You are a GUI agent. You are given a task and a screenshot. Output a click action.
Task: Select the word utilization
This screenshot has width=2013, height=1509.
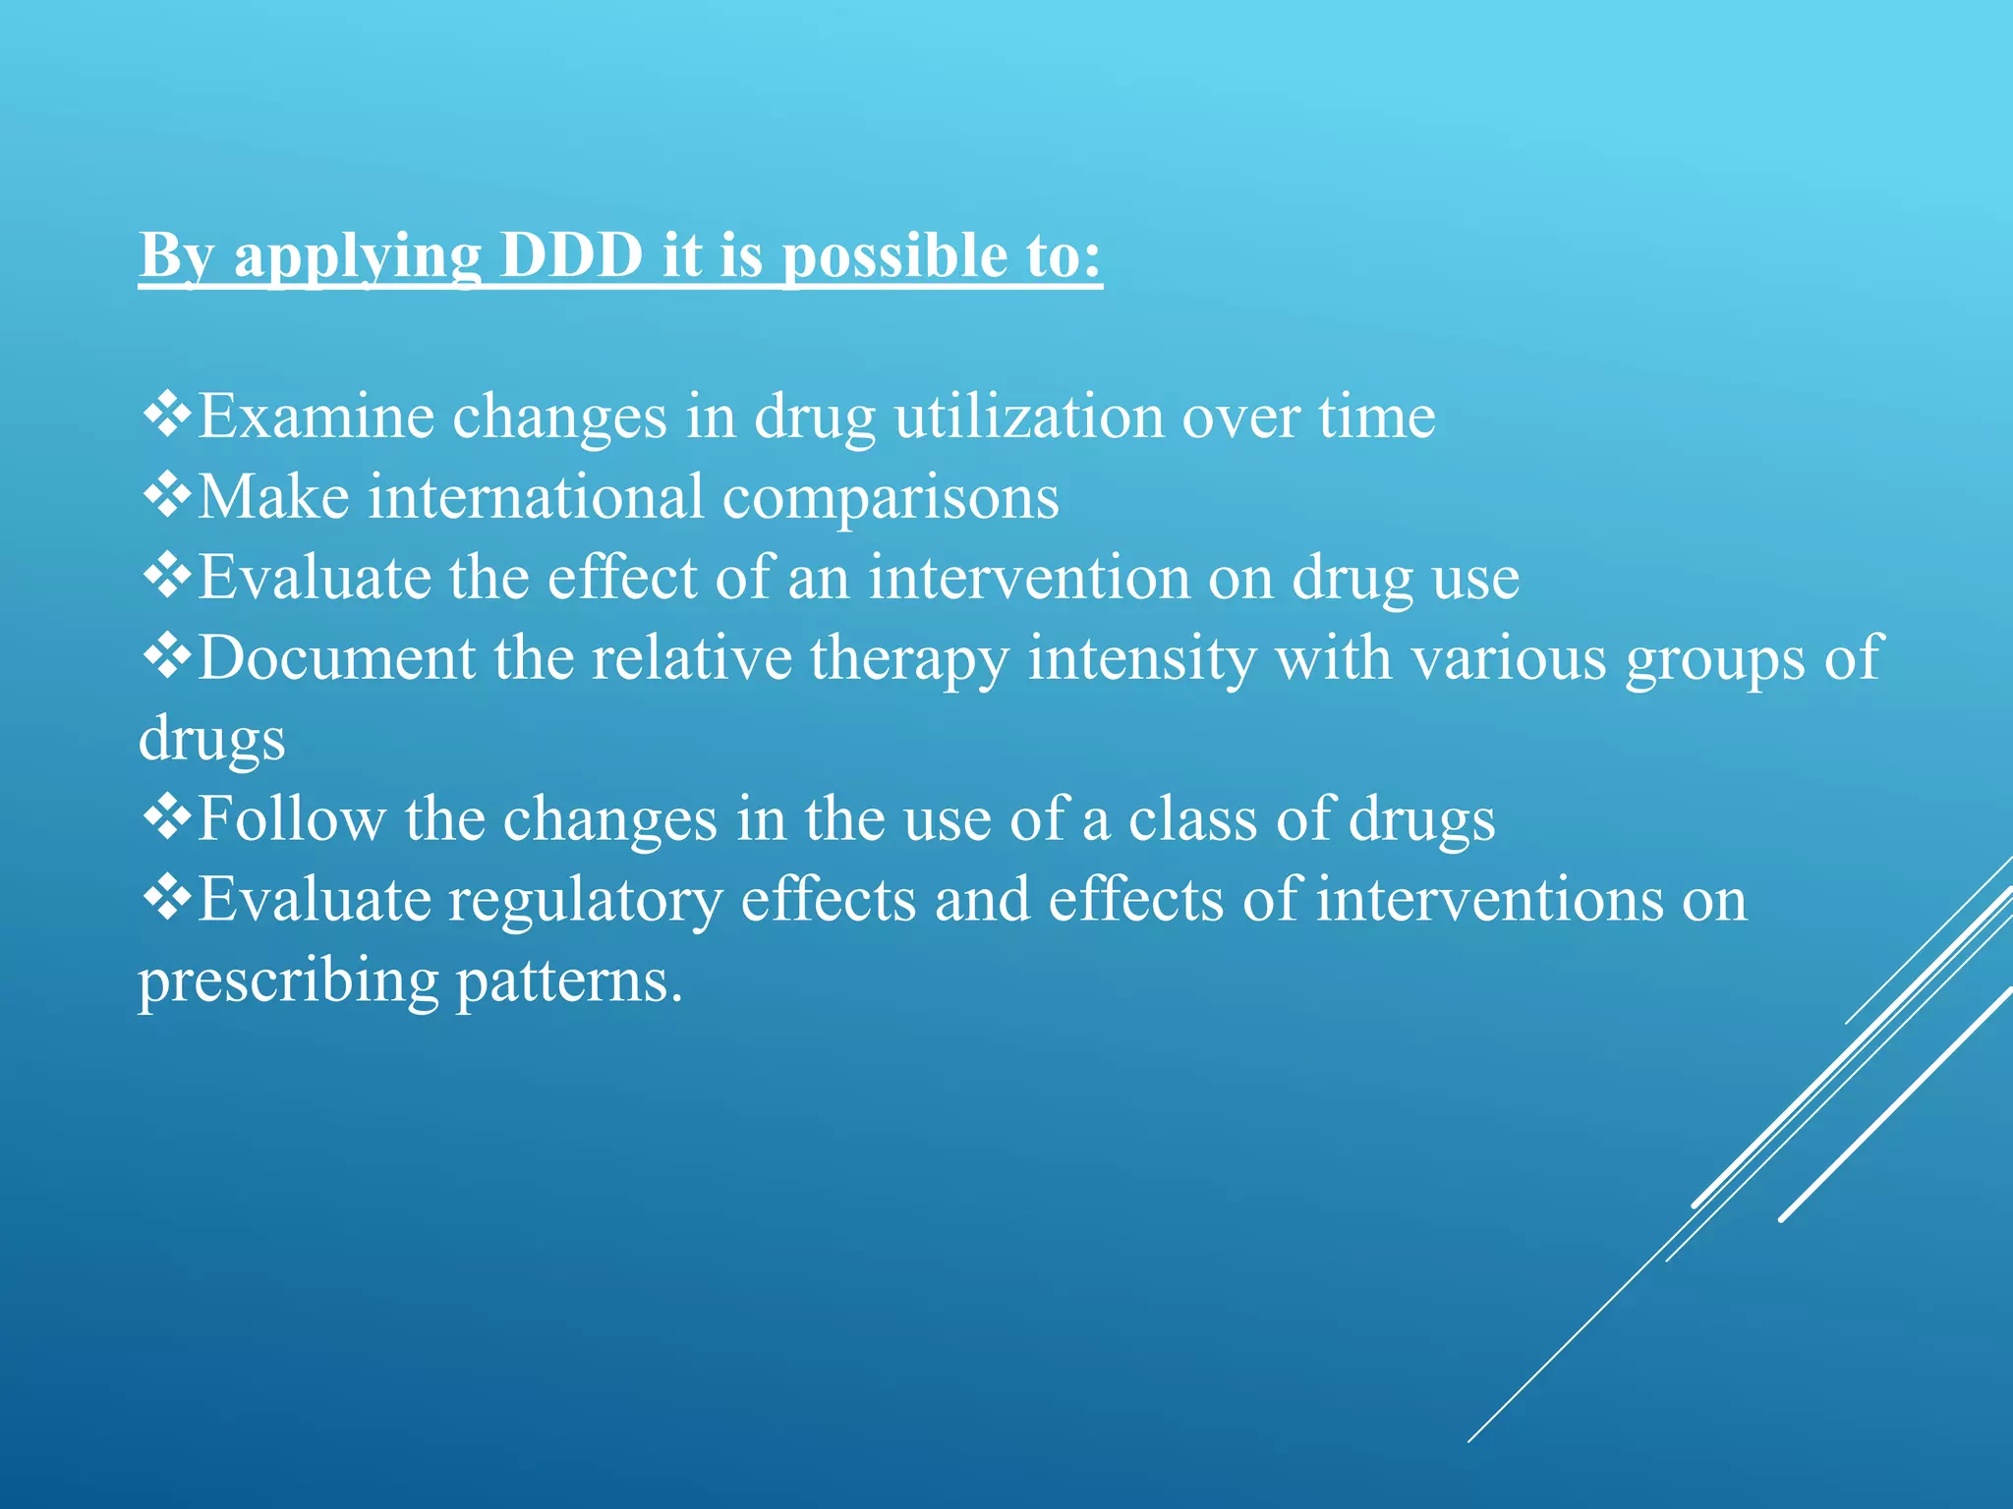(1028, 417)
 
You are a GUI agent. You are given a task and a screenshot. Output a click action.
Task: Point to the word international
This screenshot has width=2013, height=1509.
(537, 496)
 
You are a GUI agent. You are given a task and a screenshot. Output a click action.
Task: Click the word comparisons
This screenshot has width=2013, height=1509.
(891, 498)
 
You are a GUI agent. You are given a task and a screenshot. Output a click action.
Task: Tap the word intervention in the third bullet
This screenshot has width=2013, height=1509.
(1028, 577)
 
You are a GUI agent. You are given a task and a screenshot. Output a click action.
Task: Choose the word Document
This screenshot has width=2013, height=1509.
(336, 657)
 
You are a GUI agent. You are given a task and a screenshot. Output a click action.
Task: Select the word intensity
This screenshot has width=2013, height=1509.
(1141, 657)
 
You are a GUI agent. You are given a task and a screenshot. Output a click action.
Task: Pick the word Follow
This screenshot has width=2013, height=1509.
(292, 818)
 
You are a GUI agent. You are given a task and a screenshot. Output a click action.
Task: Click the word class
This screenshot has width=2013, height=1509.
(1192, 818)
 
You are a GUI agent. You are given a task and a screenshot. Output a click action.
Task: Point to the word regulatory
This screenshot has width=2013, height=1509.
(586, 901)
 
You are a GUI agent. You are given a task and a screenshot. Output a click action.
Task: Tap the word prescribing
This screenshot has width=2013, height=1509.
(288, 981)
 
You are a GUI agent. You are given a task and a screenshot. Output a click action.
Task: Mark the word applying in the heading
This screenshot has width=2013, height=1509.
(358, 257)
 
